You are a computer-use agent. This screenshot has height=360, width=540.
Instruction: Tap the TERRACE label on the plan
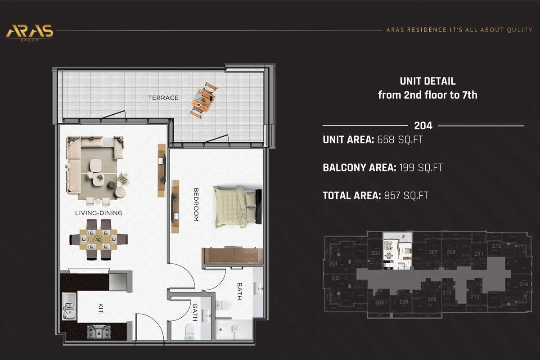(x=164, y=98)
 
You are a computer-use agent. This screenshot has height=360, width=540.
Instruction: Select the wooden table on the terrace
(x=203, y=100)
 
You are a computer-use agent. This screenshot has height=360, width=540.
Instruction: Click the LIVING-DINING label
(x=99, y=213)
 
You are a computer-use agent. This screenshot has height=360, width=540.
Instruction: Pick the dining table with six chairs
(x=98, y=239)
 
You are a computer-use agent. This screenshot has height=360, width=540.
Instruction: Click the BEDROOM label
(x=196, y=204)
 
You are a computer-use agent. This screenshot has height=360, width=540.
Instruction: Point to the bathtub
(x=234, y=330)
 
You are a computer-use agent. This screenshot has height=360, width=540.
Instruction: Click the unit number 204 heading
(x=423, y=126)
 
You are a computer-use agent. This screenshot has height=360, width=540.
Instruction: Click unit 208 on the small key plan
(x=432, y=299)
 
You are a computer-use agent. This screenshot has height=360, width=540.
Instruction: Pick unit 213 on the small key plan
(x=496, y=246)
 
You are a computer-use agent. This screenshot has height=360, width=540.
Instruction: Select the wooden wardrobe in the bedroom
(x=233, y=256)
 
